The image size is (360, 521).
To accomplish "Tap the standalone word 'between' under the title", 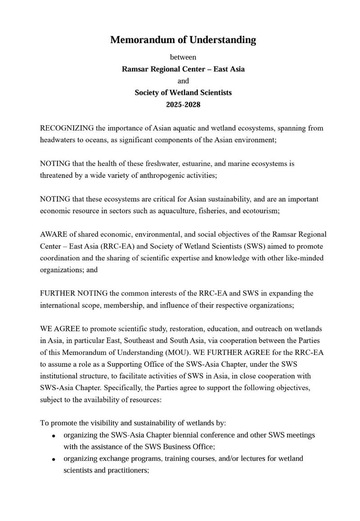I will pyautogui.click(x=183, y=57).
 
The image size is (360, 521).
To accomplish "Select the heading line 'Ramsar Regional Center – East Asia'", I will pyautogui.click(x=183, y=69).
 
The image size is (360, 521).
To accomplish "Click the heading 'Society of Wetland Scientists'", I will pyautogui.click(x=183, y=93).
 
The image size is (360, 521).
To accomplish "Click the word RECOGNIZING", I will pyautogui.click(x=67, y=128).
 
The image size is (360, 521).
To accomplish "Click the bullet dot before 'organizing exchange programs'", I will pyautogui.click(x=54, y=459).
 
